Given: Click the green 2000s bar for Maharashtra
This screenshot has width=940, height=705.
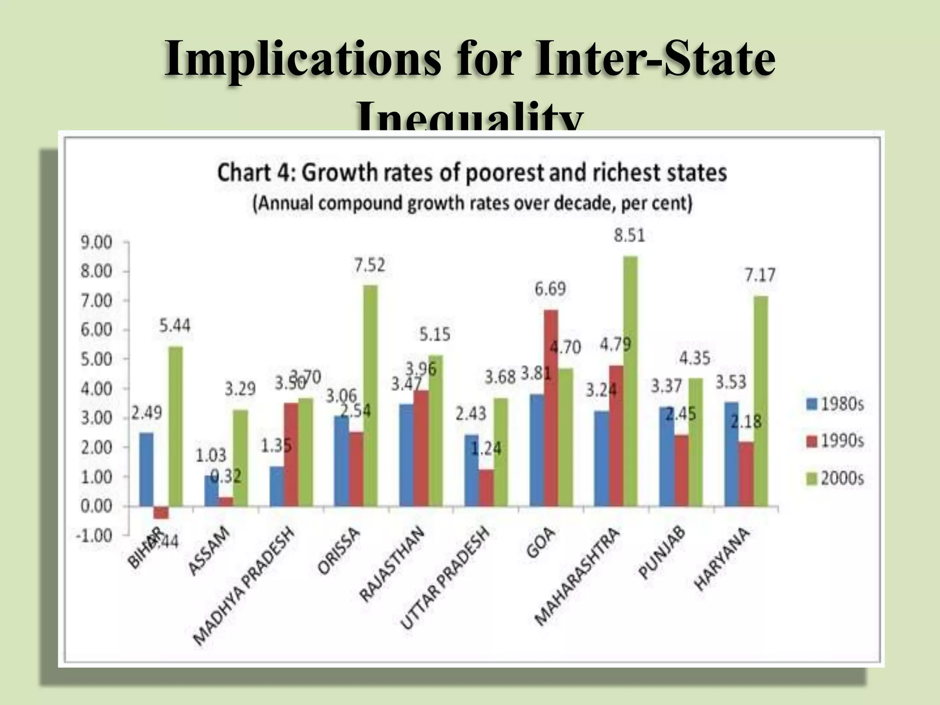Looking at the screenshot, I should click(x=630, y=381).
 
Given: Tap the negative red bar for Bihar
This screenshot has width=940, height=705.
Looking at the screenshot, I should click(x=161, y=512).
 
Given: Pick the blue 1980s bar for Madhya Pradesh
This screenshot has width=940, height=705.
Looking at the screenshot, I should click(x=276, y=486).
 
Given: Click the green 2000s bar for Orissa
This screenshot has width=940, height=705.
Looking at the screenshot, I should click(x=370, y=395).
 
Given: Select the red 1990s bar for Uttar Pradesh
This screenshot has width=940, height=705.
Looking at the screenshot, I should click(x=486, y=487).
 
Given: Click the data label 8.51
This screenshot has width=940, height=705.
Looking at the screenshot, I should click(x=630, y=235).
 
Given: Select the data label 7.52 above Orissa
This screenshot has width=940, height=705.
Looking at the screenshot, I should click(x=369, y=265).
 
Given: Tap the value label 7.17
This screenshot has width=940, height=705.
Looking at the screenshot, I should click(x=760, y=275).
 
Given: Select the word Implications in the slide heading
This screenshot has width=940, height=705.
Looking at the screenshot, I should click(x=302, y=60).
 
